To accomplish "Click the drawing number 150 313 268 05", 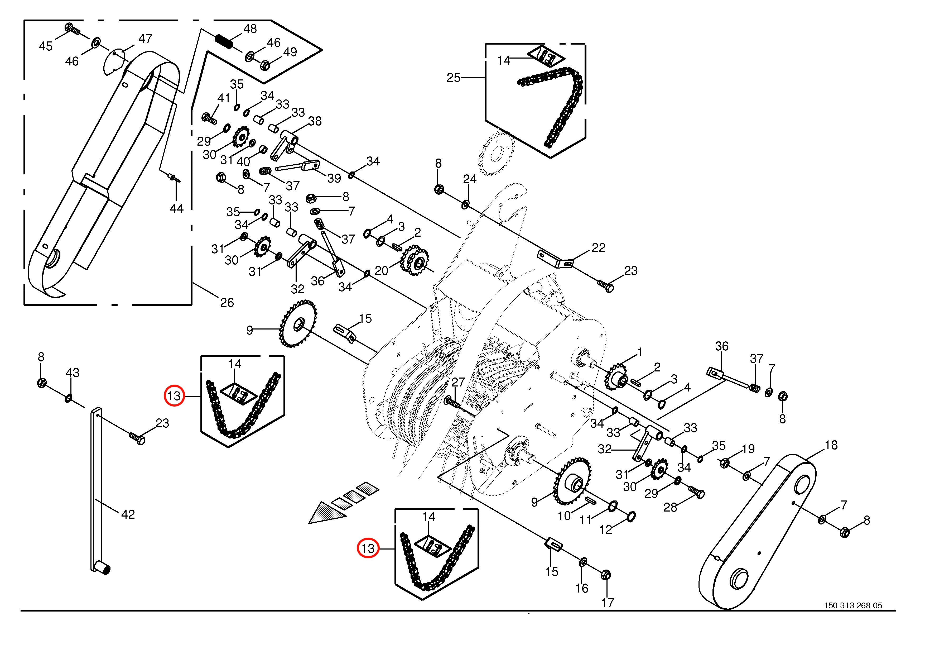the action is pyautogui.click(x=853, y=617).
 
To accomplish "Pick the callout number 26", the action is pyautogui.click(x=227, y=303).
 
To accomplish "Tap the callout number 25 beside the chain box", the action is pyautogui.click(x=453, y=78).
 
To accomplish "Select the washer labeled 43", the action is pyautogui.click(x=69, y=399).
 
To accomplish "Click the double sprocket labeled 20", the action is pyautogui.click(x=415, y=260).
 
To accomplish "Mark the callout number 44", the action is pyautogui.click(x=176, y=208).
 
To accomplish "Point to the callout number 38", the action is pyautogui.click(x=315, y=121).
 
